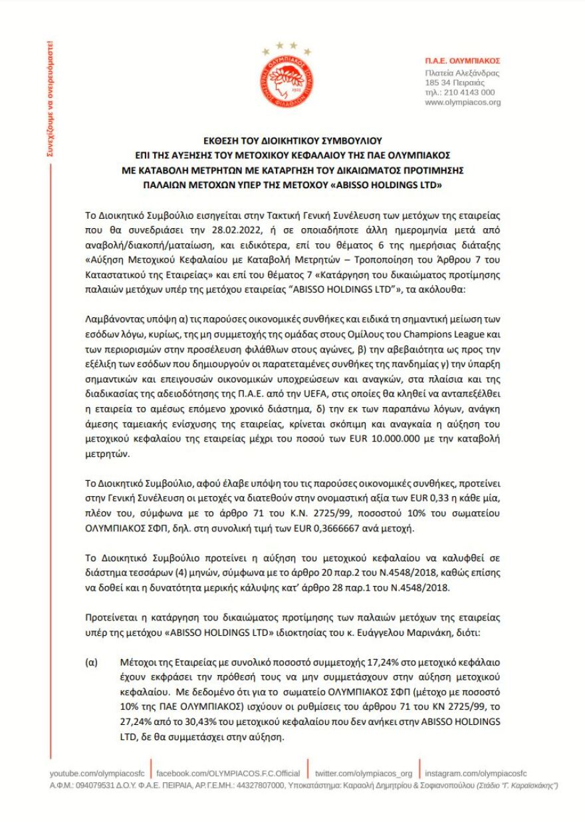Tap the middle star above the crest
tap(288, 45)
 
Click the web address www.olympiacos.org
tap(462, 102)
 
